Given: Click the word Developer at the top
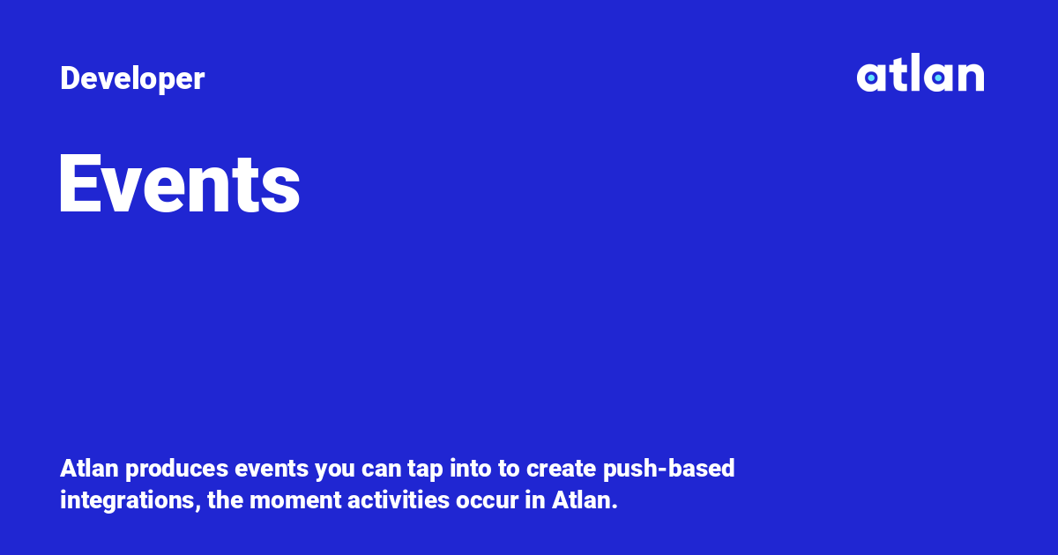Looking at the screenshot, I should click(x=132, y=79).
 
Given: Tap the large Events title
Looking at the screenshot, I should click(x=179, y=184).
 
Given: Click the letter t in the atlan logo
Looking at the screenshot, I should click(x=894, y=76).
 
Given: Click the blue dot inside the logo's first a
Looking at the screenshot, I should click(x=871, y=78).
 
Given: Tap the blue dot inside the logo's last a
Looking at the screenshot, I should click(x=938, y=78).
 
